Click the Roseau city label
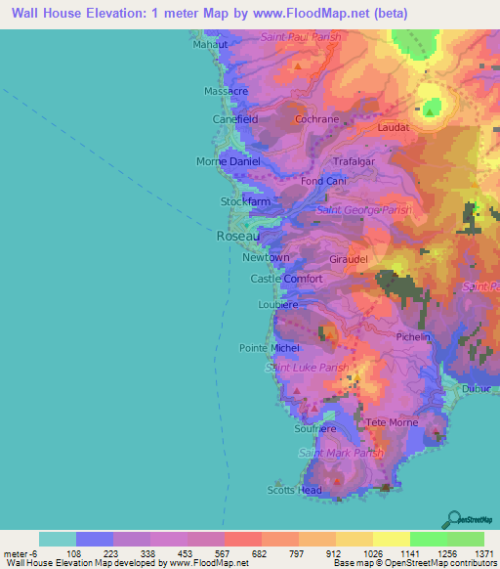click(x=235, y=237)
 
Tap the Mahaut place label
click(x=210, y=44)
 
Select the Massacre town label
click(x=226, y=91)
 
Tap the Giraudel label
click(x=349, y=260)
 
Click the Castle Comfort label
click(x=286, y=279)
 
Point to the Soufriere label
click(x=314, y=428)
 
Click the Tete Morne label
click(x=392, y=422)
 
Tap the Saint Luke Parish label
click(x=307, y=368)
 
